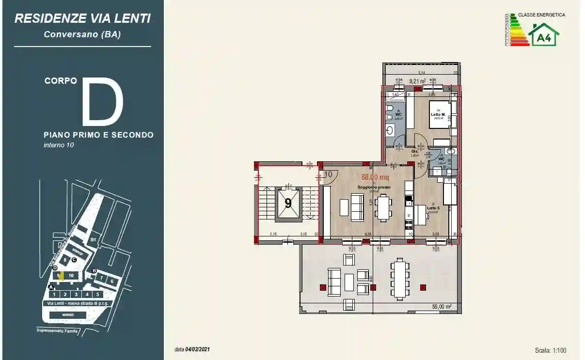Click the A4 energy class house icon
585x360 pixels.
(544, 35)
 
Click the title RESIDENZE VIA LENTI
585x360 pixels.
(82, 18)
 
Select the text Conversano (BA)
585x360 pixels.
(82, 34)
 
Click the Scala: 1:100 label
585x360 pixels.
(551, 350)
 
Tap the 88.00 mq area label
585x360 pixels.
(375, 177)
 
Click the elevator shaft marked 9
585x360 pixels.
(288, 203)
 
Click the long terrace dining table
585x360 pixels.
(399, 279)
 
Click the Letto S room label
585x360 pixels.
(433, 208)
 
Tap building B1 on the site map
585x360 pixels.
(94, 239)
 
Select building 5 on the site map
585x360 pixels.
(97, 294)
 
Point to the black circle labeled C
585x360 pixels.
(74, 260)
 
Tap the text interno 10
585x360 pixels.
(59, 145)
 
